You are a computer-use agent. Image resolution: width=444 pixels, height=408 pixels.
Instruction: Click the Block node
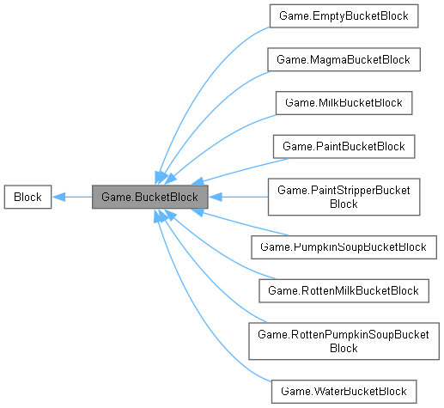coord(27,197)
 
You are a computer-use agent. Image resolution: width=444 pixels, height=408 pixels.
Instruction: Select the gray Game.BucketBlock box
coord(150,197)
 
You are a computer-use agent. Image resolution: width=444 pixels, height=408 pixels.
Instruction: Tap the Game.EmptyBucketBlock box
coord(344,15)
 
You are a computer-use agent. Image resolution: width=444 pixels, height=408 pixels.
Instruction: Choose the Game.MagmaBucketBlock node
coord(344,59)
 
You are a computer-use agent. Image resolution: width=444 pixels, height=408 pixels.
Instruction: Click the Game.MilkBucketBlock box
coord(344,103)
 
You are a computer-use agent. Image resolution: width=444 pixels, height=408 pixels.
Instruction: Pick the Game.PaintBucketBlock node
coord(344,147)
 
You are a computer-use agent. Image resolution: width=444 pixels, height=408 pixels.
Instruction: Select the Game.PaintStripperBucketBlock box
coord(344,197)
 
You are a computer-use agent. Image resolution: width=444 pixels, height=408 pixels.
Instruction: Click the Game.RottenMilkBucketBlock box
coord(344,290)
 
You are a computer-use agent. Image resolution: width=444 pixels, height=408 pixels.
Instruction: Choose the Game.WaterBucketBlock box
coord(344,391)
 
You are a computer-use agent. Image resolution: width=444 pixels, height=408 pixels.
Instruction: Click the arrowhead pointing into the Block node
coord(58,197)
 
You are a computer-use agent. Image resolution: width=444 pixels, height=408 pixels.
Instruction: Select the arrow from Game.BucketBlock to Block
coord(73,197)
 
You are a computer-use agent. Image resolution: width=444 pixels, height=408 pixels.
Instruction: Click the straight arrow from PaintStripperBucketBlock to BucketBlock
coord(240,197)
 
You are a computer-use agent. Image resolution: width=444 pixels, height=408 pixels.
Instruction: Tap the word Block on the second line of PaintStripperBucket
coord(344,204)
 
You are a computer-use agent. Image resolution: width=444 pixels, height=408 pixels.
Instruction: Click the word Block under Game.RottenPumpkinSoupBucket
coord(344,348)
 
